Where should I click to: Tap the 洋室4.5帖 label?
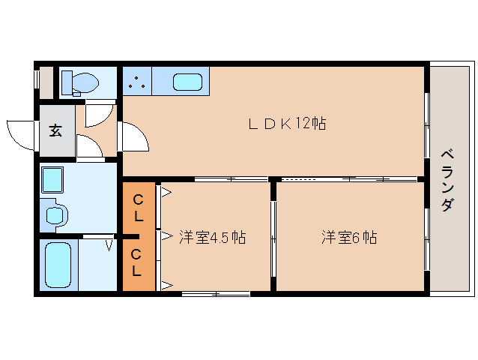click(x=212, y=238)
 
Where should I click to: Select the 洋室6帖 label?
click(x=349, y=238)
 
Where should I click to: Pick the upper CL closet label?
click(x=139, y=208)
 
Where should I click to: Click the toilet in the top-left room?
click(x=79, y=82)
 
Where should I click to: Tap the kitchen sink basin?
click(x=187, y=82)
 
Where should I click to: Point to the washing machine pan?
click(x=53, y=180)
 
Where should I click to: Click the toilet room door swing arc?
click(x=96, y=113)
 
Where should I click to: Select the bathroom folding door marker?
click(x=109, y=243)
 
